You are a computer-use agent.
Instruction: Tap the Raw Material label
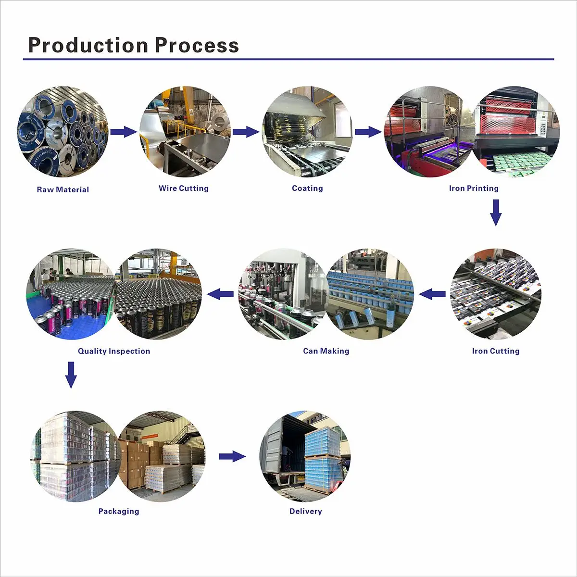(63, 189)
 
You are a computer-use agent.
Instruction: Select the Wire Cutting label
(184, 188)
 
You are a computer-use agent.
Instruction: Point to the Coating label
(307, 188)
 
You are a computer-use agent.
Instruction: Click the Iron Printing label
(474, 188)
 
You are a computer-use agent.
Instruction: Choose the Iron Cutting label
(496, 351)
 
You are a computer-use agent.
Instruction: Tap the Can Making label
(326, 351)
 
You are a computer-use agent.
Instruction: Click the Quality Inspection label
(114, 351)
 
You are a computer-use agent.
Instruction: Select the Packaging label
(119, 511)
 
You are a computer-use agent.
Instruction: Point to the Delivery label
(306, 511)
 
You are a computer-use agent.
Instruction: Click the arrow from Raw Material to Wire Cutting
(124, 131)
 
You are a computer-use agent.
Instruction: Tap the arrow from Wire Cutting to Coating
(246, 131)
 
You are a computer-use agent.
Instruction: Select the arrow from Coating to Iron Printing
(368, 131)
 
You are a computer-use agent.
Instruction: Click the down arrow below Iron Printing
(496, 213)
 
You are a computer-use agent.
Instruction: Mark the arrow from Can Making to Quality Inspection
(220, 293)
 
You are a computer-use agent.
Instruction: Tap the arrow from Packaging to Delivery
(232, 456)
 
